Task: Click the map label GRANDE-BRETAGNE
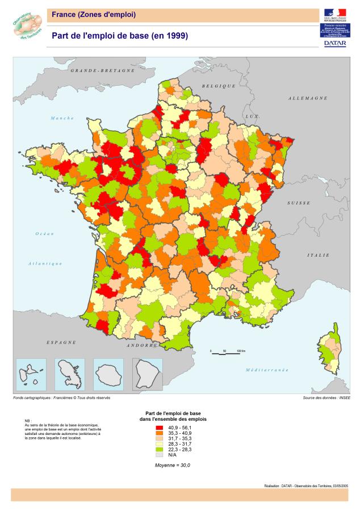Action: click(103, 71)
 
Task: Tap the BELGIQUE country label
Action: click(218, 86)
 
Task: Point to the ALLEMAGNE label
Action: click(308, 98)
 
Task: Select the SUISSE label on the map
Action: click(299, 203)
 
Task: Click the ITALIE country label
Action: click(319, 256)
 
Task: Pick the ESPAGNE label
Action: click(61, 343)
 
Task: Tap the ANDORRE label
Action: click(142, 345)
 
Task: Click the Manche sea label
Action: click(62, 118)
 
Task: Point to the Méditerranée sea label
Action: click(267, 370)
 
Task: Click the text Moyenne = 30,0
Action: click(173, 465)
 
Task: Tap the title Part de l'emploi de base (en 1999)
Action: click(120, 36)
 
